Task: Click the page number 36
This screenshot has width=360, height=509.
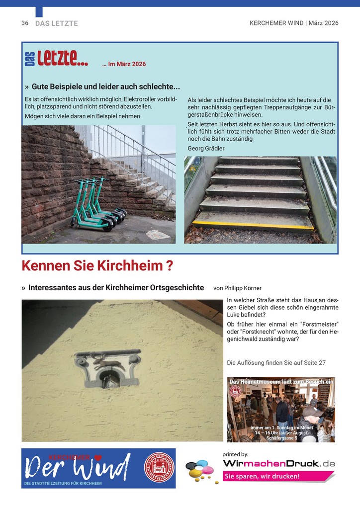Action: click(x=25, y=23)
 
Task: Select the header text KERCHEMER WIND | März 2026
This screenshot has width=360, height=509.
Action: click(x=294, y=23)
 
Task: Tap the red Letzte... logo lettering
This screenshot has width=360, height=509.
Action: click(x=63, y=61)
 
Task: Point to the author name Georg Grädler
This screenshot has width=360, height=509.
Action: click(x=206, y=148)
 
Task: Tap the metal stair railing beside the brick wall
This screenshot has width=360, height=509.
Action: click(x=132, y=149)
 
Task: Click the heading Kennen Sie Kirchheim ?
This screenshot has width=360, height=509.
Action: click(x=97, y=266)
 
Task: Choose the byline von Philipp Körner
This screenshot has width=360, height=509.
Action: click(x=237, y=288)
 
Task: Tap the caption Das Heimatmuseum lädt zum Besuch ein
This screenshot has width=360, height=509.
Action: click(x=281, y=381)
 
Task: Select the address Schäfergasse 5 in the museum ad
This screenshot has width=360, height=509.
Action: click(x=282, y=438)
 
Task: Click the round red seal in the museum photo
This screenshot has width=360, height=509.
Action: click(x=235, y=391)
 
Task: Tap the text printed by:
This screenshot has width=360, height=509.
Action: click(x=235, y=454)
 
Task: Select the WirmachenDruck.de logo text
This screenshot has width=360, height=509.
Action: click(x=279, y=464)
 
